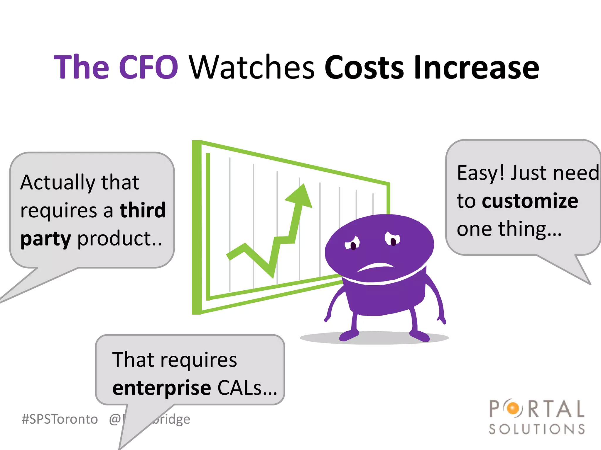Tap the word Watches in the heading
252,67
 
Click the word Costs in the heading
364,67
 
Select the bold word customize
530,201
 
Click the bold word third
143,210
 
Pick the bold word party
46,239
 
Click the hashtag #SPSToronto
60,419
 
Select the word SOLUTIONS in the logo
537,429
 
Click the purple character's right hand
441,320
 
